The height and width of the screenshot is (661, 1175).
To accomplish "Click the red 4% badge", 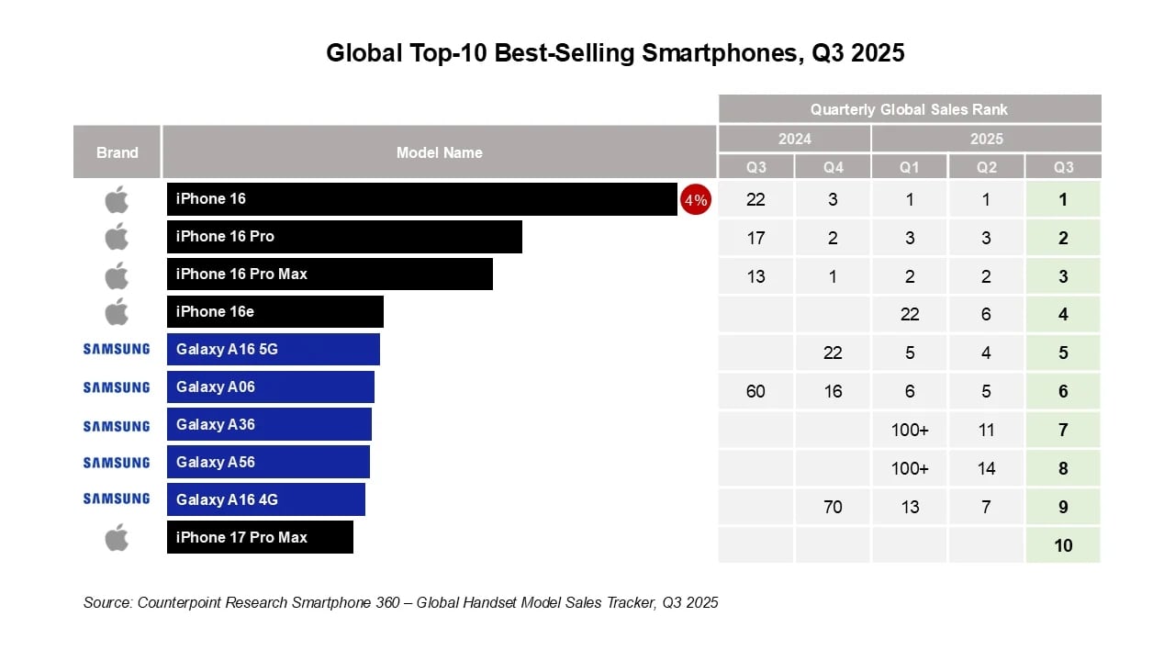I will tap(695, 200).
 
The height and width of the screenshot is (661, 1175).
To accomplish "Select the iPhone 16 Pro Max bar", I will tap(330, 274).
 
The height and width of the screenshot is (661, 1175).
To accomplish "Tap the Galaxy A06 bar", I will tap(271, 387).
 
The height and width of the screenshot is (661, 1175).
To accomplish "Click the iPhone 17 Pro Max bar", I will tap(260, 538).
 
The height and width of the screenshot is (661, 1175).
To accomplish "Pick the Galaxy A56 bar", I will tap(268, 463).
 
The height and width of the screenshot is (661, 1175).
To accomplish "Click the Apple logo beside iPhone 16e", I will tap(117, 312).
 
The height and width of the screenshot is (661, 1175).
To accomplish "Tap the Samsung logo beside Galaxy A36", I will tap(117, 426).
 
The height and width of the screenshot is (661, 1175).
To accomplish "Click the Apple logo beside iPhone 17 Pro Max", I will tap(117, 538).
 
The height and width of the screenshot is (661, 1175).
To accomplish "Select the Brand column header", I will tap(117, 152).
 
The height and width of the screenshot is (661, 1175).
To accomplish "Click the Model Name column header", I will tap(439, 152).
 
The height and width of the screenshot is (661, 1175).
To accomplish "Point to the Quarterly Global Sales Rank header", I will tap(909, 109).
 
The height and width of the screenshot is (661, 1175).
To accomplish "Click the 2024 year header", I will tap(794, 140).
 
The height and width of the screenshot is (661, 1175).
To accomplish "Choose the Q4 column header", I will tap(833, 168).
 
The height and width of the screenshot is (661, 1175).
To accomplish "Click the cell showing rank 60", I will tap(755, 392).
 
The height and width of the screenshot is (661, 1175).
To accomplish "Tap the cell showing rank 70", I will tap(833, 507).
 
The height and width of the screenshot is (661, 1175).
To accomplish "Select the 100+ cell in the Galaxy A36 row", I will tap(909, 430).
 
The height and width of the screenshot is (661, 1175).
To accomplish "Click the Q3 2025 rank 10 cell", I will tap(1063, 545).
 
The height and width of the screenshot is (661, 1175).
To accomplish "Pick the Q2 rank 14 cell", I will tap(986, 468).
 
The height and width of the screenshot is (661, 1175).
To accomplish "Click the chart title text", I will tap(615, 53).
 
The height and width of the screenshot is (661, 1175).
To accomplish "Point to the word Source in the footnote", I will tap(107, 603).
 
